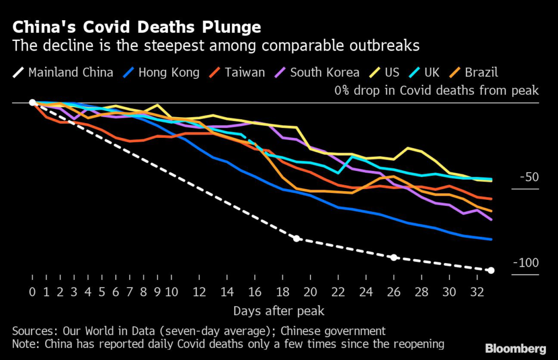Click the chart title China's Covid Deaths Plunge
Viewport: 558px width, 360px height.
[x=136, y=27]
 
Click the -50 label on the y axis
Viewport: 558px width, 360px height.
[x=529, y=178]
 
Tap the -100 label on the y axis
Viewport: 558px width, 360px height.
[x=526, y=263]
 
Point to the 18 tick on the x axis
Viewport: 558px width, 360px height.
[x=283, y=291]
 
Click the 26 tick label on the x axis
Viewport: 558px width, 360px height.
[x=394, y=291]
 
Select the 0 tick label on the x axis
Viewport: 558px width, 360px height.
[x=33, y=291]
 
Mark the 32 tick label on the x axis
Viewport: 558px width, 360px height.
[x=477, y=291]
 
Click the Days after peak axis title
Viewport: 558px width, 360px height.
[x=279, y=311]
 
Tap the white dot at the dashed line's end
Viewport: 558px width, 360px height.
[x=492, y=270]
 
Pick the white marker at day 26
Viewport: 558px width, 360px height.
[x=394, y=257]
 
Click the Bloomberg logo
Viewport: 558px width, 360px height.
[x=516, y=347]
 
